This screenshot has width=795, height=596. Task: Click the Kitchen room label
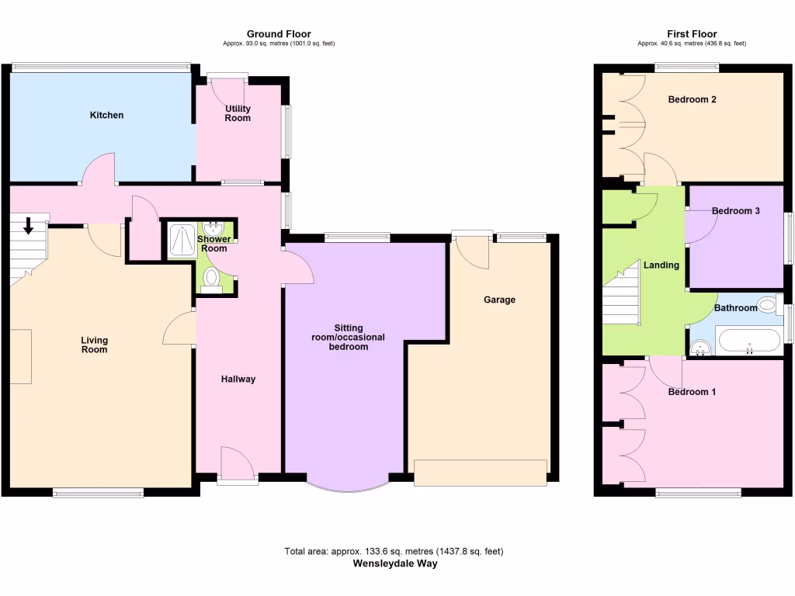106,115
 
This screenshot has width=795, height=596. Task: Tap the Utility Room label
238,113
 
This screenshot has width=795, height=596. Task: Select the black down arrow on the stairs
29,226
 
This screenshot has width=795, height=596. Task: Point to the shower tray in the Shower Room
180,241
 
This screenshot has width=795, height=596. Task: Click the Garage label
499,300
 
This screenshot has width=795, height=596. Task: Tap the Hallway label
238,379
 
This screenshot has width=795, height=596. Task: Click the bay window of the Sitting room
346,486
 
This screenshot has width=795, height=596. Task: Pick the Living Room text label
95,345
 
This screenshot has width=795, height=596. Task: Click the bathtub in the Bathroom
749,341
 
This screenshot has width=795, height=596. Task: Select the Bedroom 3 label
735,211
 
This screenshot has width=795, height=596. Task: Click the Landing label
661,265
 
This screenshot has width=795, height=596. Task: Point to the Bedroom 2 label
692,99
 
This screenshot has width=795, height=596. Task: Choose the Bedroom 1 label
692,392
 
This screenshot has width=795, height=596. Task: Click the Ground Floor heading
279,34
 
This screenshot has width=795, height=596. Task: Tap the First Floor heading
691,34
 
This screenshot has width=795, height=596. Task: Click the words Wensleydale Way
394,563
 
